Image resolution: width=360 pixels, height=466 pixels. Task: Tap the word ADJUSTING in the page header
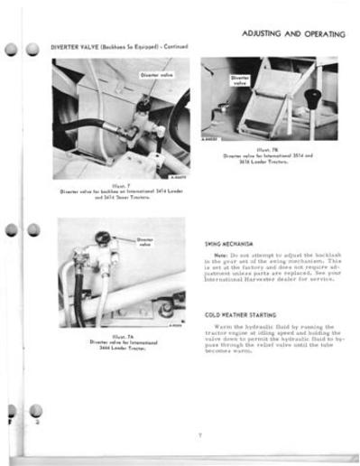tap(267, 34)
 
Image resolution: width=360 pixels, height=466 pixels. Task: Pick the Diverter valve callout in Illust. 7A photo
tap(145, 241)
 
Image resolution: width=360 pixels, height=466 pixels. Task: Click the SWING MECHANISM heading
tap(230, 244)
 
